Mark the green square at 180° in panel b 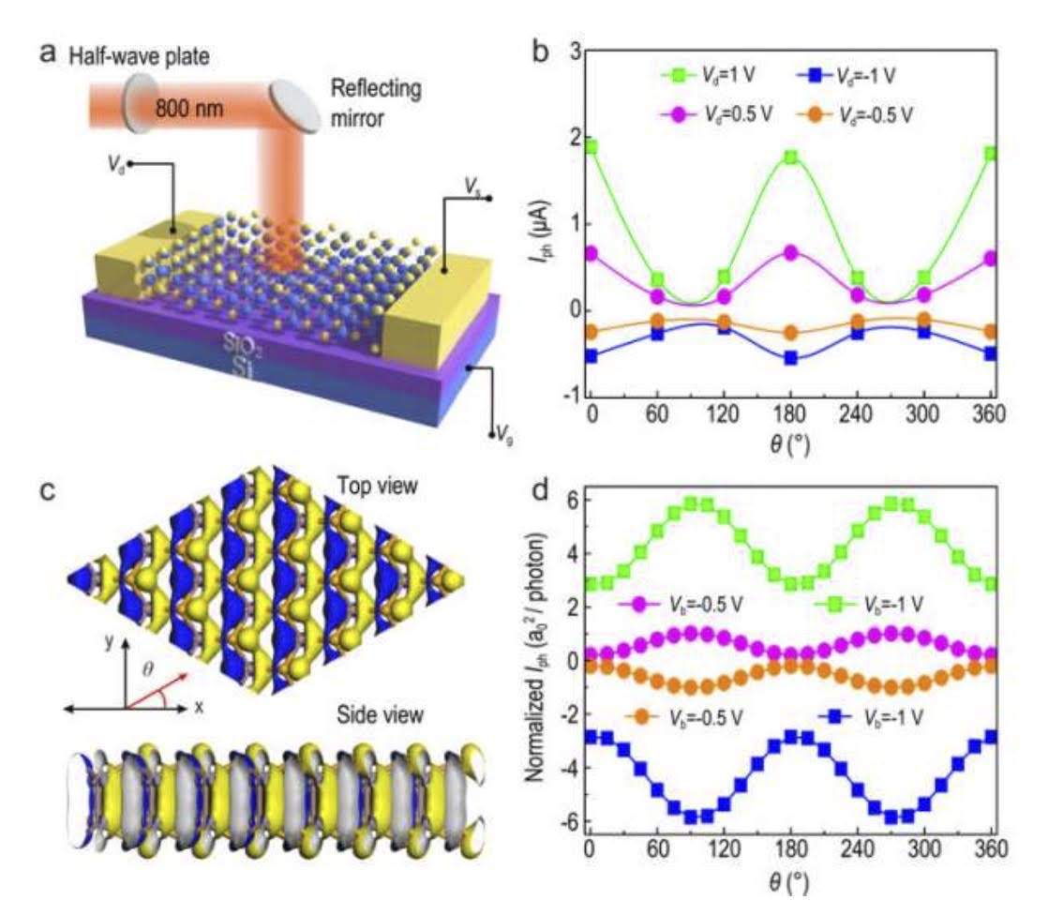(x=791, y=157)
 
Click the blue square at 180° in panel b (x=791, y=358)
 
